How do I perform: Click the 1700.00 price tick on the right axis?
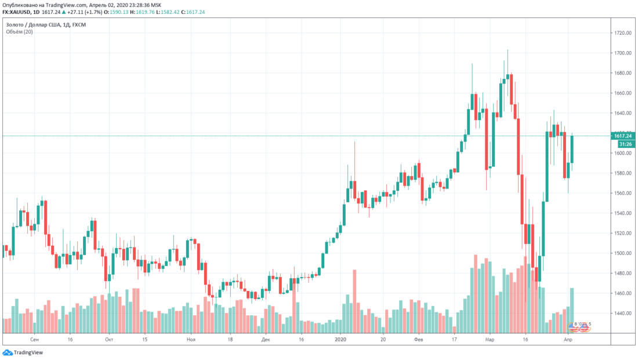coord(623,53)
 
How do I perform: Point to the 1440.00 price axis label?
coord(623,313)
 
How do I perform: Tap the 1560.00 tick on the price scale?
coord(623,193)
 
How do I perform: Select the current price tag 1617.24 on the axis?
coord(623,136)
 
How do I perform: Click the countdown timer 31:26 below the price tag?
coord(625,143)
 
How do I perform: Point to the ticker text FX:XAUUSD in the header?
coord(18,12)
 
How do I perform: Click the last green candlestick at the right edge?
coord(572,149)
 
